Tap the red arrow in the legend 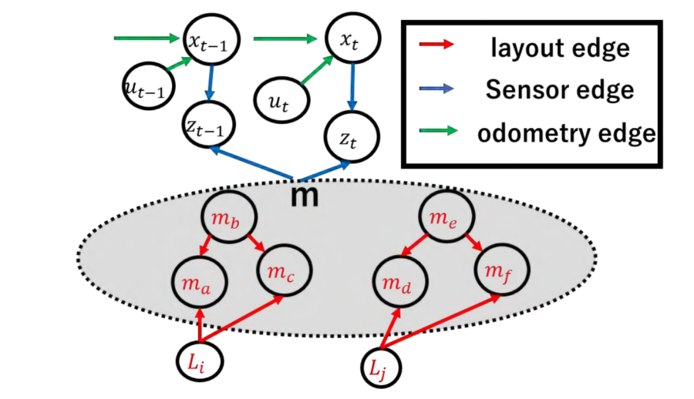click(x=436, y=46)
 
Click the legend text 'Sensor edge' click(x=559, y=90)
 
